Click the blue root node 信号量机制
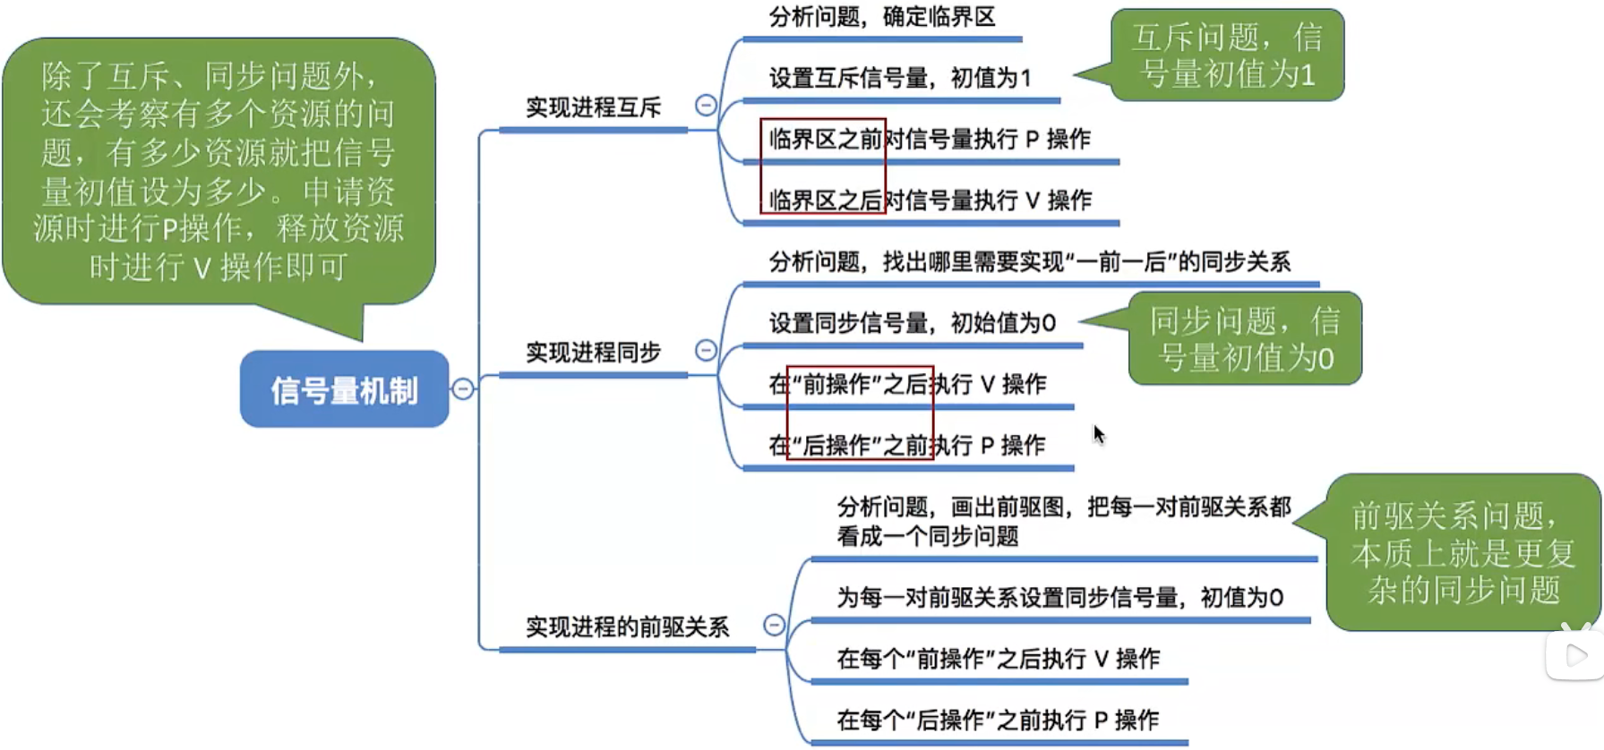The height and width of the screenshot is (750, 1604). [344, 389]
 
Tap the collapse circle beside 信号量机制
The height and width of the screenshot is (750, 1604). [463, 389]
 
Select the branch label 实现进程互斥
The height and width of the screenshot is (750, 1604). [593, 108]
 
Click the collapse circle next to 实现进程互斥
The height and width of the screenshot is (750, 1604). [706, 106]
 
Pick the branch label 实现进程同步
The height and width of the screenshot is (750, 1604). [593, 353]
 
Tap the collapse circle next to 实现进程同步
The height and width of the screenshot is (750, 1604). [706, 350]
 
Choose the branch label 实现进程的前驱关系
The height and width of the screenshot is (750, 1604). [627, 627]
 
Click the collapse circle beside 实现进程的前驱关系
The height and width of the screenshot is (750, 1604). [774, 625]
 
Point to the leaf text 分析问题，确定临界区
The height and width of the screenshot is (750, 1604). [882, 17]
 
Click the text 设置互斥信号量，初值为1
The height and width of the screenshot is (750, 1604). [900, 79]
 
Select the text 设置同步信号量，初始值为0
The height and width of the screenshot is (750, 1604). [912, 323]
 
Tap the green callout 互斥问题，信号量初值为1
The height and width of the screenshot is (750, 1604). [1227, 55]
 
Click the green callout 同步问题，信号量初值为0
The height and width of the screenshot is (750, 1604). [1245, 338]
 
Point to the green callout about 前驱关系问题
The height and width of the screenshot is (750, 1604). [1462, 552]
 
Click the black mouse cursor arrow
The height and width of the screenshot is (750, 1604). [1098, 434]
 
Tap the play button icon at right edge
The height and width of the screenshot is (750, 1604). [1575, 656]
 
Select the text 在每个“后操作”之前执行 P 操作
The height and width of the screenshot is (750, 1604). [998, 720]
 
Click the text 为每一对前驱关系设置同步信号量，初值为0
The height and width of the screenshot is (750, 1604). [1059, 598]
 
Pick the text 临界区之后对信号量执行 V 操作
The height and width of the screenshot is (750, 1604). [930, 200]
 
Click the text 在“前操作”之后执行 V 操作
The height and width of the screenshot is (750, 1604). [907, 385]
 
